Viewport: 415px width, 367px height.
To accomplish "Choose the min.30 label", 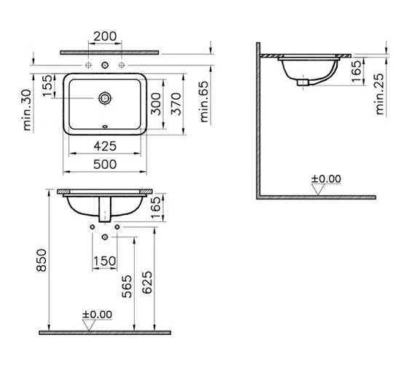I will click(x=27, y=111).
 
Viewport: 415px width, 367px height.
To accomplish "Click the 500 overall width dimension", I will click(x=106, y=165).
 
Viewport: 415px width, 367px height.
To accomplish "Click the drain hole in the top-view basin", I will click(x=106, y=96).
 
